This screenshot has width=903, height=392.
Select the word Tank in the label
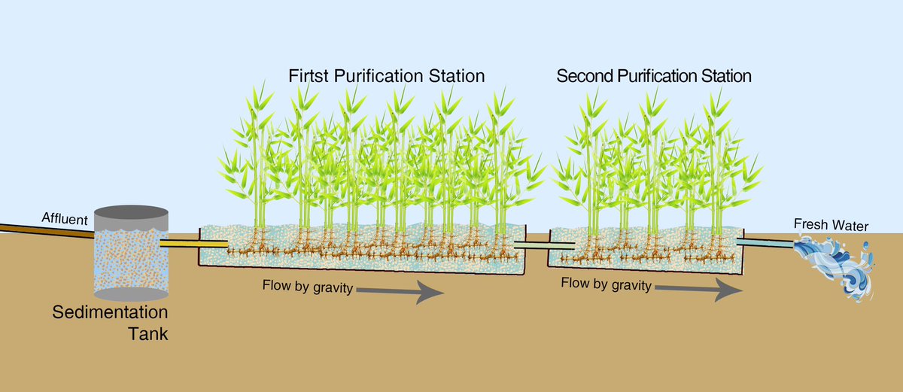pos(147,333)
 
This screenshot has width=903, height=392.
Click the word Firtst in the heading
pos(310,77)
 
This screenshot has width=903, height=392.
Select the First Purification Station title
pos(386,77)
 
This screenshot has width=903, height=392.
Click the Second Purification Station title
pos(654,76)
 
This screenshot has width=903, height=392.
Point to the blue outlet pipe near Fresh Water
pos(765,242)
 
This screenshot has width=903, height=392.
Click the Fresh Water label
pos(832,226)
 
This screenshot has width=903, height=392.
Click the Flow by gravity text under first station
pos(307,287)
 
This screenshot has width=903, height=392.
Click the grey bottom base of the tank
pos(130,294)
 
